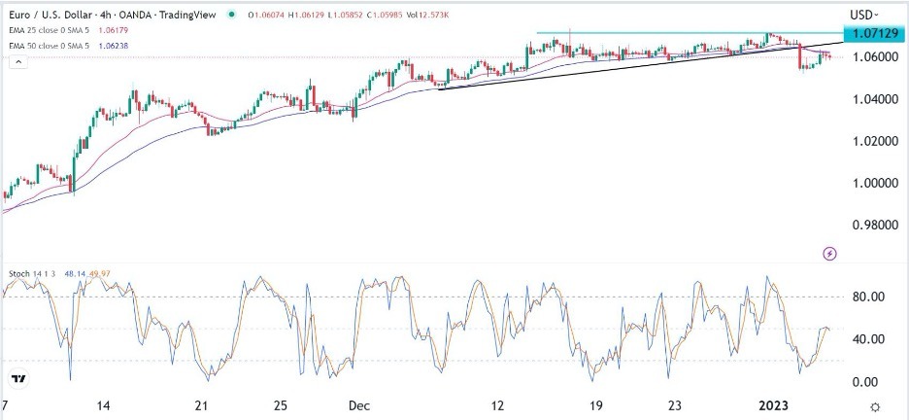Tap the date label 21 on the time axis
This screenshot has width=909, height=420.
(201, 405)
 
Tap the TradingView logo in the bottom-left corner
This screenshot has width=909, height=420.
(18, 378)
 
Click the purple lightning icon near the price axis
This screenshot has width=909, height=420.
(829, 254)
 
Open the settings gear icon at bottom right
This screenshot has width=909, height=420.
(875, 406)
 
